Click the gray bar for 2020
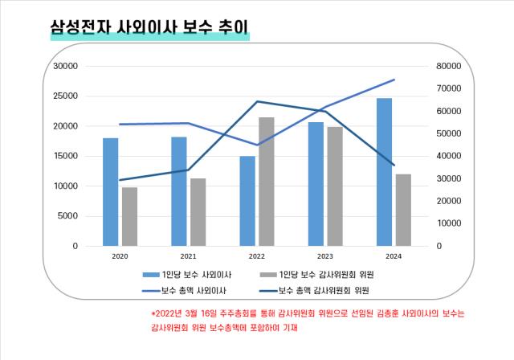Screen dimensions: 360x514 coord(129,216)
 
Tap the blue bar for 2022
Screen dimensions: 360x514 coord(247,201)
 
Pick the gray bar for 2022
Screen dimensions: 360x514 coord(266,182)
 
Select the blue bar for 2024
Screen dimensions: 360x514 coord(385,172)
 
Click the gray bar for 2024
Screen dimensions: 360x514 coord(403,210)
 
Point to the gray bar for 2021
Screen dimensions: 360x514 coord(198,212)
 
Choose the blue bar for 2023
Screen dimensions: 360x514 coord(316,184)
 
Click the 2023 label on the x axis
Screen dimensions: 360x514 coord(325,256)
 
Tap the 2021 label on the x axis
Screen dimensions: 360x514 coord(189,256)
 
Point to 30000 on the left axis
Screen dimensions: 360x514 coord(64,66)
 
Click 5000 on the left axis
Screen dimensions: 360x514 coord(67,216)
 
